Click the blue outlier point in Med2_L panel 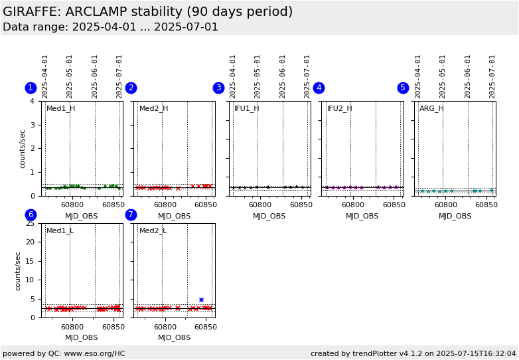coord(201,300)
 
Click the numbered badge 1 coord(31,88)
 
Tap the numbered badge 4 coord(319,88)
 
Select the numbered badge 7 coord(131,215)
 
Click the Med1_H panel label coord(60,108)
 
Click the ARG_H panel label coord(431,108)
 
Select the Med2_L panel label coord(153,230)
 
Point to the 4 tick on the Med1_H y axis coord(32,101)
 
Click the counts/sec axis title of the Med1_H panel coord(23,148)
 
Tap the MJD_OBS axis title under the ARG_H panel coord(455,216)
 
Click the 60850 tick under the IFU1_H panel coord(301,205)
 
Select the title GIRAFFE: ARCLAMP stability coord(147,12)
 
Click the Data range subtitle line coord(110,27)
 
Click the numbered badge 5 coord(403,88)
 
